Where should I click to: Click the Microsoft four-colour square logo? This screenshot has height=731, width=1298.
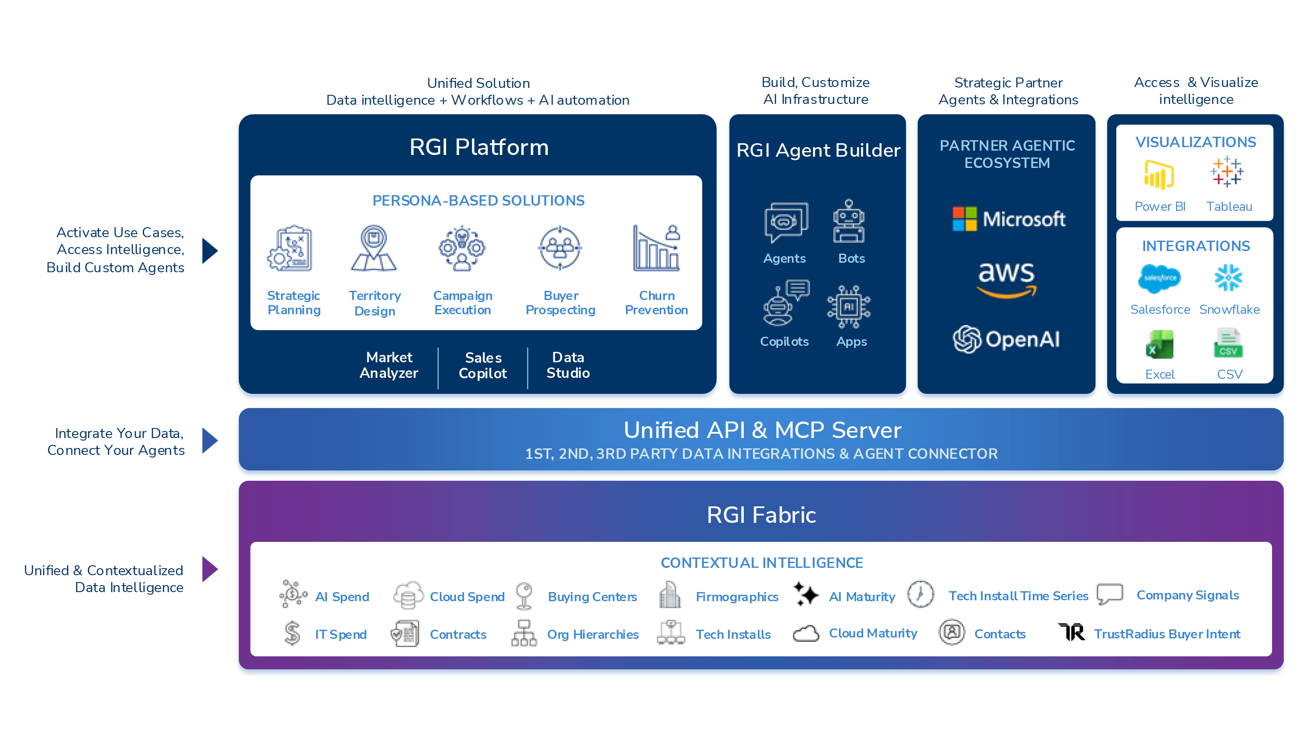[x=964, y=219]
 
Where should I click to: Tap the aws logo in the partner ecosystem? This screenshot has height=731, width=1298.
[x=1006, y=279]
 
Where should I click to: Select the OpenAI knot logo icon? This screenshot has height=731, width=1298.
[x=967, y=339]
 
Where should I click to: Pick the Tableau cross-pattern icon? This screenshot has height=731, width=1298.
[x=1227, y=172]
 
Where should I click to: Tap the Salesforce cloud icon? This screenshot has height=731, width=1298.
[x=1160, y=278]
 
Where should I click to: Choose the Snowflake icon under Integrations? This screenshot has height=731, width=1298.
[x=1228, y=278]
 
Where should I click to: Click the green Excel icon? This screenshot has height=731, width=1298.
[x=1160, y=345]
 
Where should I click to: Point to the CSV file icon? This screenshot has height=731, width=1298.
[x=1228, y=344]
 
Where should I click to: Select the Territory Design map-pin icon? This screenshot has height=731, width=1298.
[x=373, y=248]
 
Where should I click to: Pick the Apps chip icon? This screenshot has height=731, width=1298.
[x=849, y=306]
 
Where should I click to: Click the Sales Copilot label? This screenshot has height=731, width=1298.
[x=483, y=365]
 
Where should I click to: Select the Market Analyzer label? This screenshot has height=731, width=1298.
[x=389, y=365]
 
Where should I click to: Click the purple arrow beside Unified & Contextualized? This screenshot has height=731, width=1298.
[x=209, y=570]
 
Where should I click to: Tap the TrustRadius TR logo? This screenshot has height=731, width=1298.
[x=1072, y=632]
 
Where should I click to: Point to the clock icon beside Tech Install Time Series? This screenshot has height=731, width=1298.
[x=921, y=594]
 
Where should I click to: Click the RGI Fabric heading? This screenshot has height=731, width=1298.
[x=761, y=515]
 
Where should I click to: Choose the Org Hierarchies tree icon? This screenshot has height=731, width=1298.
[x=524, y=633]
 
